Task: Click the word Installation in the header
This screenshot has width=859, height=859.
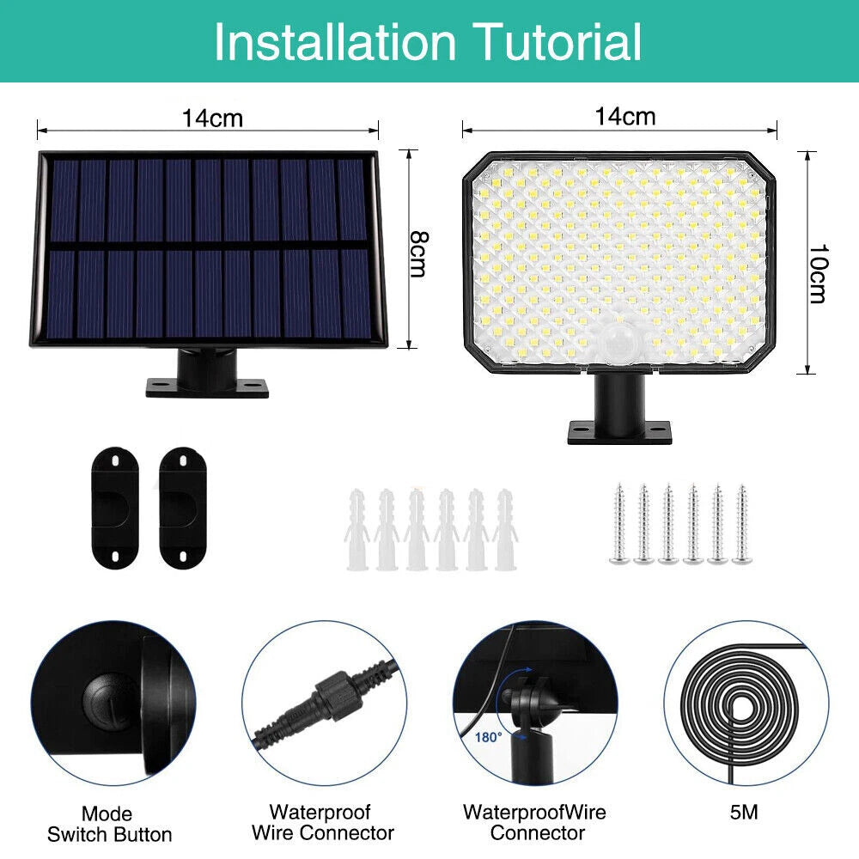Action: click(x=334, y=42)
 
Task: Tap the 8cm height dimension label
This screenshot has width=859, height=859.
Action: click(x=419, y=253)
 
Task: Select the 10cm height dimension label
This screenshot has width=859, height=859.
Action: click(x=818, y=273)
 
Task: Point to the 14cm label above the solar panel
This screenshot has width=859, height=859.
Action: click(x=212, y=118)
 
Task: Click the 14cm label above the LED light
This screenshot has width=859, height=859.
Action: click(x=625, y=116)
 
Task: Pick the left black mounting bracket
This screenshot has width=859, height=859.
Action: click(x=115, y=508)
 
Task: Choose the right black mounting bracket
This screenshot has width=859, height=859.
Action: click(x=182, y=508)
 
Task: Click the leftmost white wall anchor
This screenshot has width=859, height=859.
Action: click(x=356, y=530)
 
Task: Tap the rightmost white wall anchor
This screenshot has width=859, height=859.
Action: click(x=504, y=530)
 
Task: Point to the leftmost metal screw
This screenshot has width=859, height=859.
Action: click(x=619, y=524)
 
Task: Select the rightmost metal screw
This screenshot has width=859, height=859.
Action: click(x=741, y=524)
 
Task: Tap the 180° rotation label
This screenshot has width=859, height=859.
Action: click(x=488, y=737)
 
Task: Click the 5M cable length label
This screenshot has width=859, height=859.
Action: click(x=743, y=812)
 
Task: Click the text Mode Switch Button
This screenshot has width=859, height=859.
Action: click(x=109, y=824)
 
